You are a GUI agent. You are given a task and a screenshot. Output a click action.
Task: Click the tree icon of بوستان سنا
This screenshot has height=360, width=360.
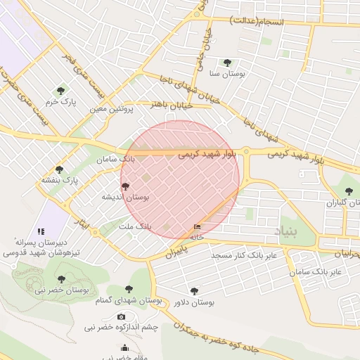point(227,63)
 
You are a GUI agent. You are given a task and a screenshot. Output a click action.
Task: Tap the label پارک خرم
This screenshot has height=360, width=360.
point(60,102)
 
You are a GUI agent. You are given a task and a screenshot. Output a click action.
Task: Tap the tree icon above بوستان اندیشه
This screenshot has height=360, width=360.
point(126,186)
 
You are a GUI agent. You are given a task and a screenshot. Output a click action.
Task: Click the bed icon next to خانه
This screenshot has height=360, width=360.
point(197,227)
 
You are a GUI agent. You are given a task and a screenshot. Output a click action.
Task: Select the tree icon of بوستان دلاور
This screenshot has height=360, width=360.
point(194,291)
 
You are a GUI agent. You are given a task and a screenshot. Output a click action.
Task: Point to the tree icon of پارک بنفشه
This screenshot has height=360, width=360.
point(59,169)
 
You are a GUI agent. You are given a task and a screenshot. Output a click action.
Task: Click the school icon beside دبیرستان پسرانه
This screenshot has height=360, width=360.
point(41,231)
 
